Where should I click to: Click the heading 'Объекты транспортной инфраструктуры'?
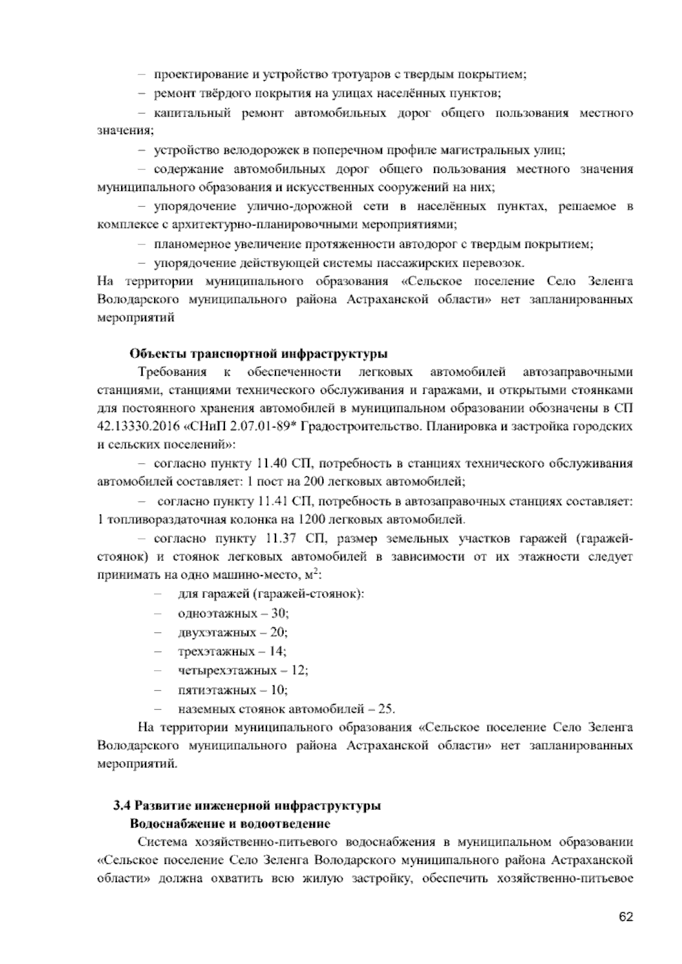[259, 354]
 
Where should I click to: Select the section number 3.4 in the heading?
[121, 805]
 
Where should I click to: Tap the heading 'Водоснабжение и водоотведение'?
[230, 824]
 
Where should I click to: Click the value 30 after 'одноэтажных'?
[280, 613]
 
